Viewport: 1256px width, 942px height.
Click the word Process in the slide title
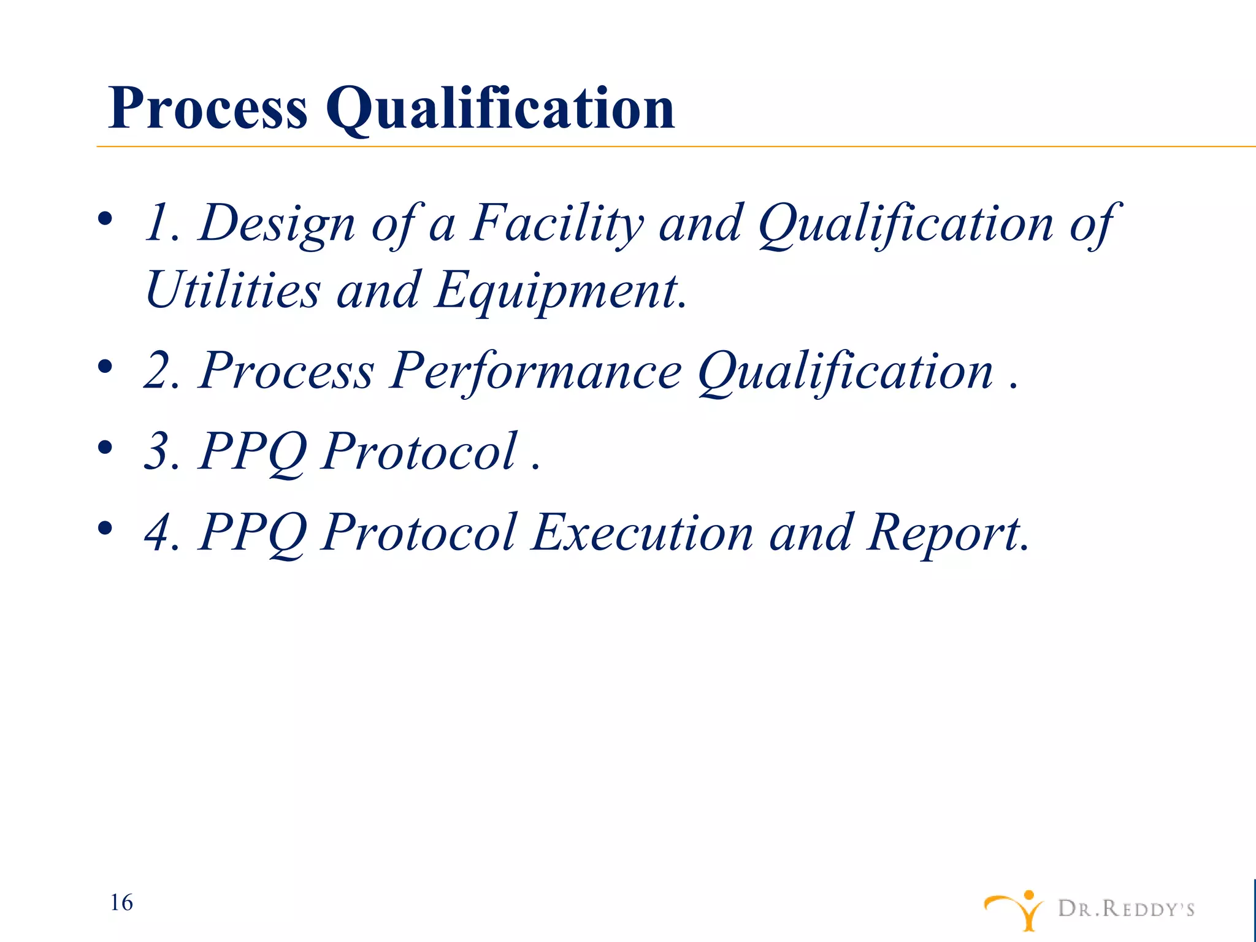(207, 109)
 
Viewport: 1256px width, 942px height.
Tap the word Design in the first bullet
(277, 224)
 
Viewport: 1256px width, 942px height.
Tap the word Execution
(642, 532)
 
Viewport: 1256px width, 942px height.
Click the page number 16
(121, 903)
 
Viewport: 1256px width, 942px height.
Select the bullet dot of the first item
(105, 219)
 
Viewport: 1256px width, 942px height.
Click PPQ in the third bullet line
(252, 453)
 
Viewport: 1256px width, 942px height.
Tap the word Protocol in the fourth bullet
(419, 532)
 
